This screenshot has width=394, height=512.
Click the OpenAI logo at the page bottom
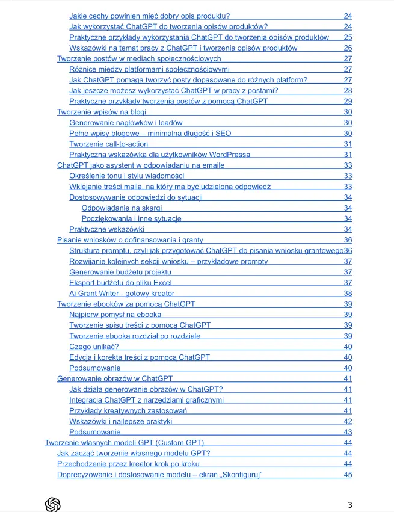point(53,504)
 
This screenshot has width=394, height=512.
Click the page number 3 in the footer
point(350,504)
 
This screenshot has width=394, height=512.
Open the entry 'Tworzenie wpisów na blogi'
point(101,112)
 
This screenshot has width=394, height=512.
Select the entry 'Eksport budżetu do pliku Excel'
point(120,283)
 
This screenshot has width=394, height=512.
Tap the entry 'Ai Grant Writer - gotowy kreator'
point(122,294)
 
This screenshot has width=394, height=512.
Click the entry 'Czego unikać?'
point(94,347)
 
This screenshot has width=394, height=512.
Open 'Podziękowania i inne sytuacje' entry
point(131,218)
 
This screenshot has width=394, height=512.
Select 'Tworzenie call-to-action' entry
point(108,144)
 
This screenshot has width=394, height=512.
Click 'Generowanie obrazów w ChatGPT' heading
point(115,378)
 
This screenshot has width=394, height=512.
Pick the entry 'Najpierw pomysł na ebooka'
point(115,315)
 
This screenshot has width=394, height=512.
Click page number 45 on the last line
point(348,475)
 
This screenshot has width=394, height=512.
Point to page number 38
point(348,294)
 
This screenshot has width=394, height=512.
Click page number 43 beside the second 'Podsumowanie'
point(348,432)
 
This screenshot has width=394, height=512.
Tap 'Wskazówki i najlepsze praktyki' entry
point(121,421)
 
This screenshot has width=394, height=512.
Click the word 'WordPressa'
point(229,155)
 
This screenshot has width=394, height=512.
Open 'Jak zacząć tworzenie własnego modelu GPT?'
point(134,453)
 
